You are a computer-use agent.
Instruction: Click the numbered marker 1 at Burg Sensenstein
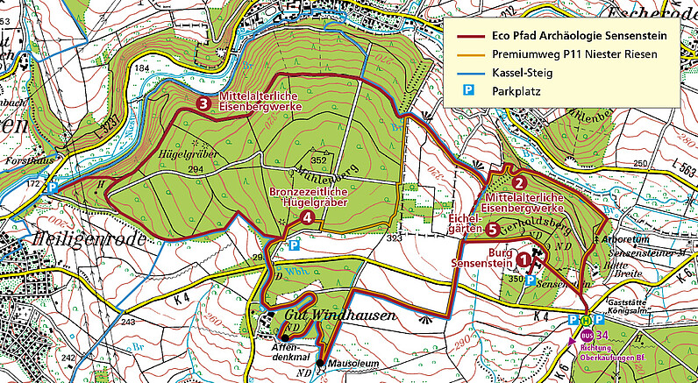pos(524,259)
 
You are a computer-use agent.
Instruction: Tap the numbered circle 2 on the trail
pos(519,182)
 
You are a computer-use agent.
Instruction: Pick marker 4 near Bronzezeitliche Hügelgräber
pos(306,218)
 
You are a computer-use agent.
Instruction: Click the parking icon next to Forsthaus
pos(52,187)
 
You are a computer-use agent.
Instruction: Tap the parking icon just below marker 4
pos(294,246)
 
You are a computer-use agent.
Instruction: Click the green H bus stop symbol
pos(587,320)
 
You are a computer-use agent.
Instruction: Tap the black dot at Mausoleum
pos(320,363)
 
